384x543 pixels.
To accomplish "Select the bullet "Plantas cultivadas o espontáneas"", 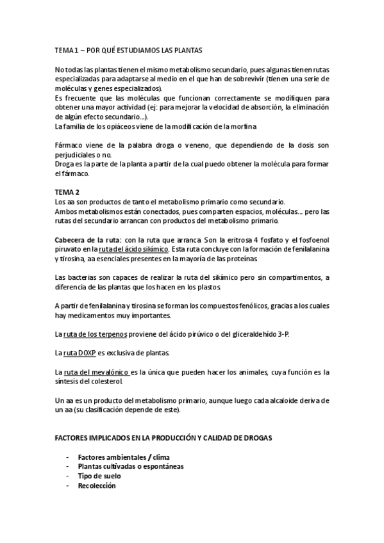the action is click(130, 467).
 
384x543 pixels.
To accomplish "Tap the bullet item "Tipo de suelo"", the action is click(99, 476).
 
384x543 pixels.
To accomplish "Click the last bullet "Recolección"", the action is click(97, 486).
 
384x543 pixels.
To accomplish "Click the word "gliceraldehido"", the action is click(257, 334).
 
